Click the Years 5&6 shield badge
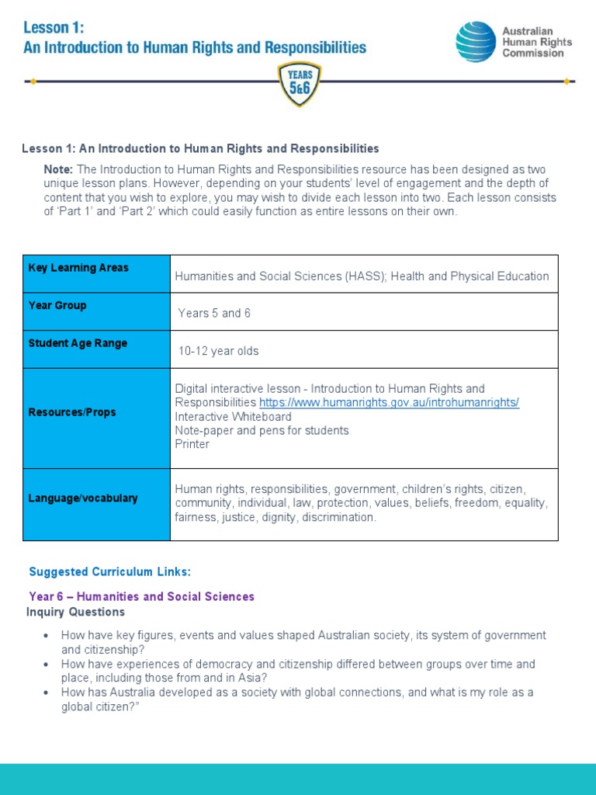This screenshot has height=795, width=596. (299, 84)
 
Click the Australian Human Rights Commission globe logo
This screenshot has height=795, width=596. (475, 41)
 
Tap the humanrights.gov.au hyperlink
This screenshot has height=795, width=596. (389, 402)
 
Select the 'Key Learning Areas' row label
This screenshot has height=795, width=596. (78, 268)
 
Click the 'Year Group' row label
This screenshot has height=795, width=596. (57, 306)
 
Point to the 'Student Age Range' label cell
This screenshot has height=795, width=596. (78, 343)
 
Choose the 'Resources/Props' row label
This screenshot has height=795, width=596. (72, 412)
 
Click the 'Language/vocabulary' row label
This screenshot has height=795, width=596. (83, 498)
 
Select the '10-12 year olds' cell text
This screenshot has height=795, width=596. (218, 351)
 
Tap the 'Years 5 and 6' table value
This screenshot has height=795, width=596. (214, 314)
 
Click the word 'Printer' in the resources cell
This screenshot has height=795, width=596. (192, 445)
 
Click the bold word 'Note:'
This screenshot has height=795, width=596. (59, 169)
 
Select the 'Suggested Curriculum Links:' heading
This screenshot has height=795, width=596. (109, 572)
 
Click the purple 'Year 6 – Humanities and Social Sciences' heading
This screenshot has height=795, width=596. (141, 597)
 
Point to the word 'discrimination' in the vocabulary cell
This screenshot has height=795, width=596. (339, 517)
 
